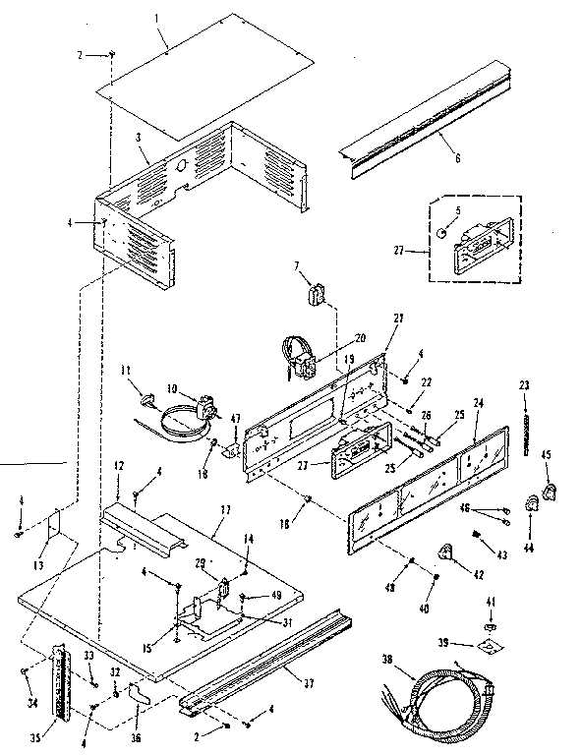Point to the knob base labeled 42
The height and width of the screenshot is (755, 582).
point(445,552)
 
